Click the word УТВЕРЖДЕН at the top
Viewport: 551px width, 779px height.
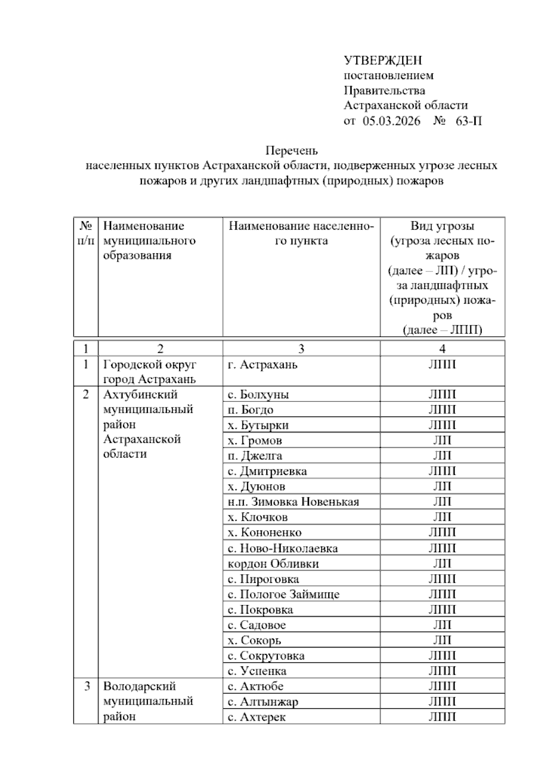(x=382, y=60)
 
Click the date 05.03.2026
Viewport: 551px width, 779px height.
(x=391, y=121)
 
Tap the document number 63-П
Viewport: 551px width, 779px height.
(x=468, y=121)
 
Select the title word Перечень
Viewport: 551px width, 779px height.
(x=292, y=151)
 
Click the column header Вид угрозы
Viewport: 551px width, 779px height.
(x=442, y=226)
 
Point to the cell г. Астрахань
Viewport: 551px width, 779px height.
(x=263, y=365)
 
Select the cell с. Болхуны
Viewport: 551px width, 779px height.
(x=258, y=395)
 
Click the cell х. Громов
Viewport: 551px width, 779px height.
(x=255, y=441)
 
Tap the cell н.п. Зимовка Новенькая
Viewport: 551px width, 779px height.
(x=293, y=502)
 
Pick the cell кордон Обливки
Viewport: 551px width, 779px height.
(x=273, y=564)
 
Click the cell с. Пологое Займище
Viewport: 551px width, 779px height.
(x=283, y=594)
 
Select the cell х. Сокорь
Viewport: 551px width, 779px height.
(x=254, y=640)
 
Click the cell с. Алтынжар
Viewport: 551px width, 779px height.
(x=263, y=702)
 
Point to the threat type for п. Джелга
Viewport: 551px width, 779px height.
(x=442, y=456)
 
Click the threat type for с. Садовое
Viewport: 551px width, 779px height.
(x=442, y=625)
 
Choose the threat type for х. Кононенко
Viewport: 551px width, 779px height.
(x=442, y=532)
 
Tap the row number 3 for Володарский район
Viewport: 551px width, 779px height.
(x=87, y=687)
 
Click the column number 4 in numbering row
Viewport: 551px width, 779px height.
(x=442, y=349)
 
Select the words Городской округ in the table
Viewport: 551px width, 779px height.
(x=150, y=365)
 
